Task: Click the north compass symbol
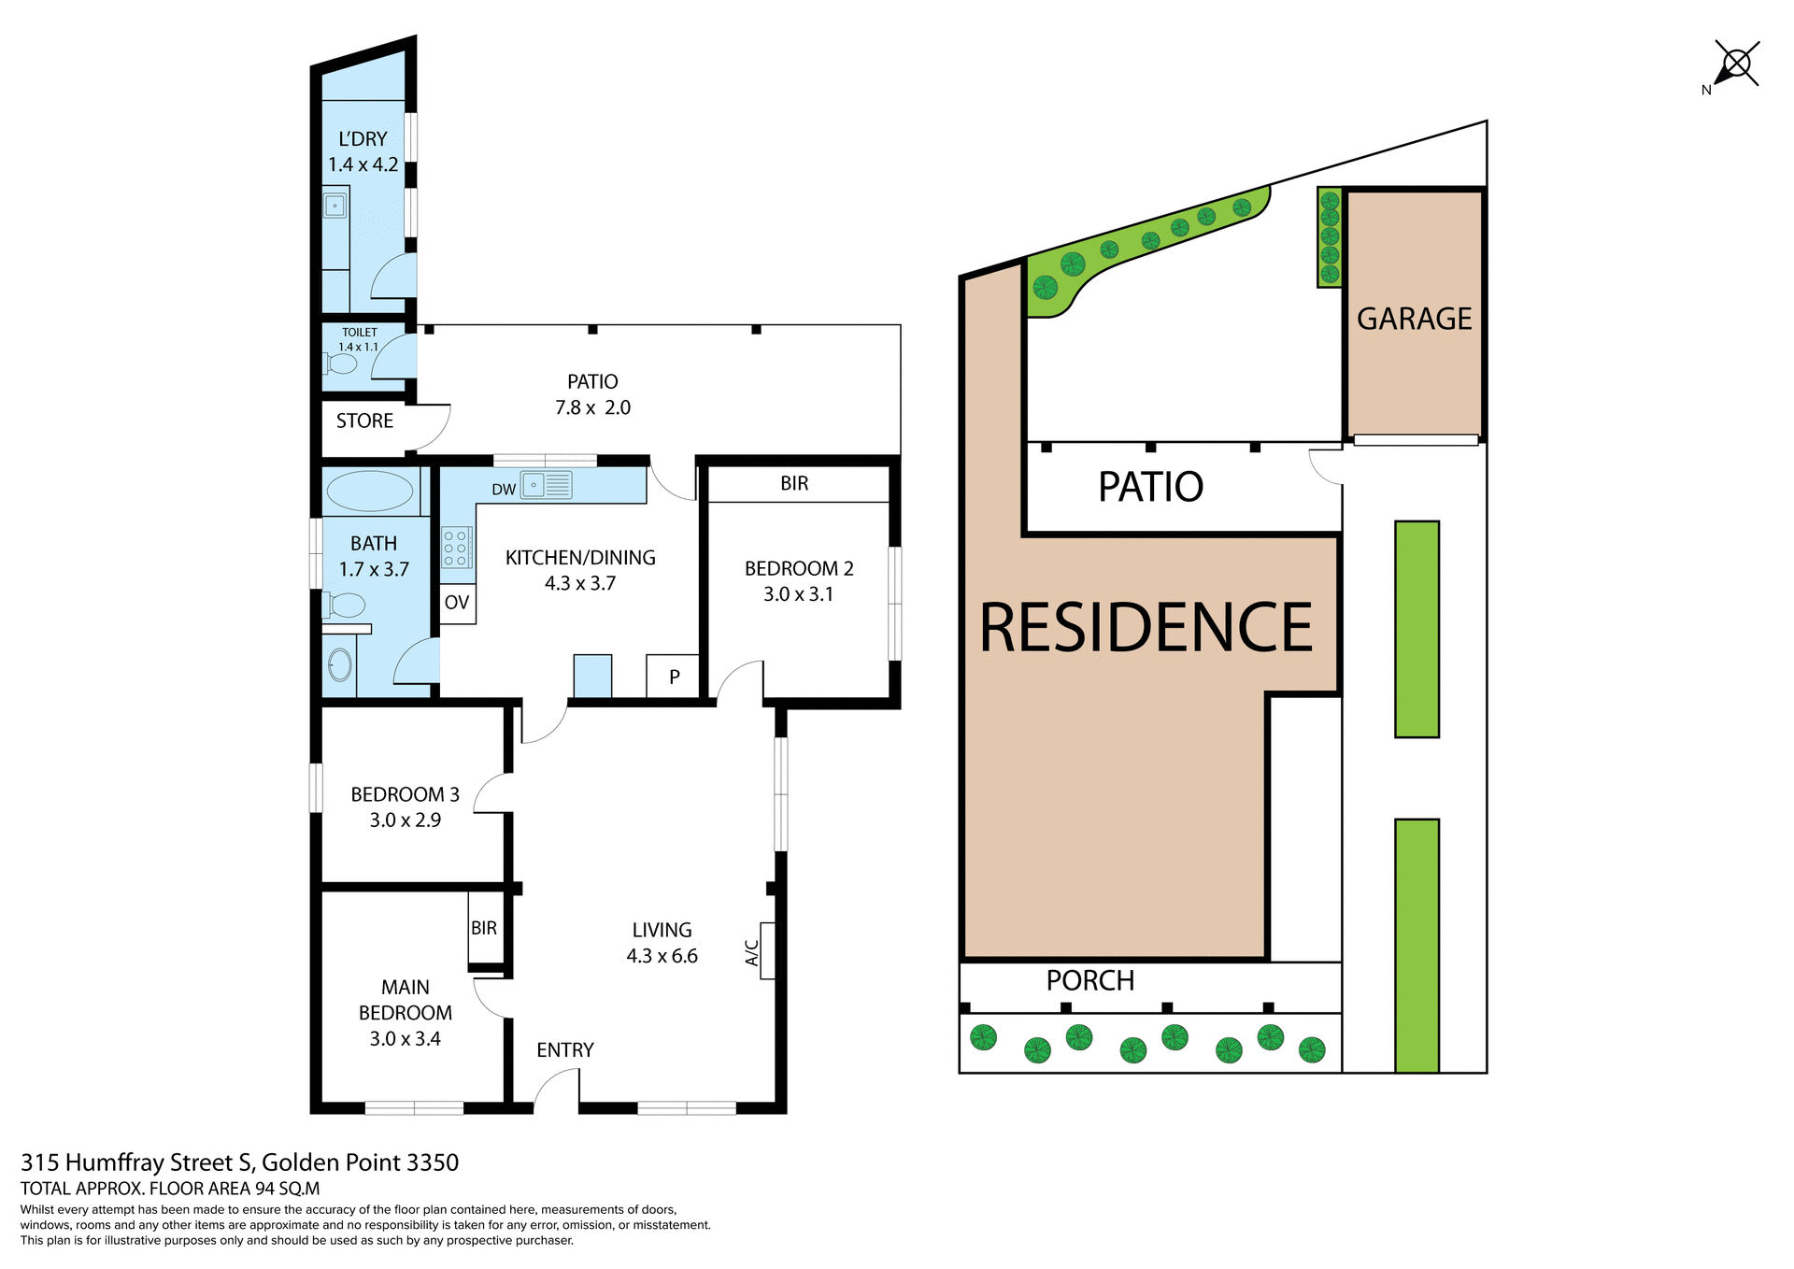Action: click(1735, 64)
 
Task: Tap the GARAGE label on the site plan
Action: click(1414, 319)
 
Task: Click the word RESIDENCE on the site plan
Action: click(1146, 628)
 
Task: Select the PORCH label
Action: click(1089, 980)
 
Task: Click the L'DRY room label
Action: click(363, 139)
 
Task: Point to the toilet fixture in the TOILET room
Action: click(341, 364)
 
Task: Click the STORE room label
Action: click(364, 421)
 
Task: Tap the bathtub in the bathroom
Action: click(370, 491)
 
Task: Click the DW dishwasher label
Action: click(504, 490)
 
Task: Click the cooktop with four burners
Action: click(456, 548)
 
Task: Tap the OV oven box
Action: click(457, 603)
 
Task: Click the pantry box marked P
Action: click(674, 677)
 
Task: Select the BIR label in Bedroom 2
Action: click(794, 483)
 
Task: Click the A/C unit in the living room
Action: click(766, 951)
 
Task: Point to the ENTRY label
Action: click(564, 1049)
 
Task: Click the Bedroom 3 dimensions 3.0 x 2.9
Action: click(405, 820)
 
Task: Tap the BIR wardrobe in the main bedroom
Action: click(484, 928)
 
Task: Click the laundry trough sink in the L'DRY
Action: click(335, 205)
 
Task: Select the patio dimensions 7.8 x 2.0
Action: click(592, 407)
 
